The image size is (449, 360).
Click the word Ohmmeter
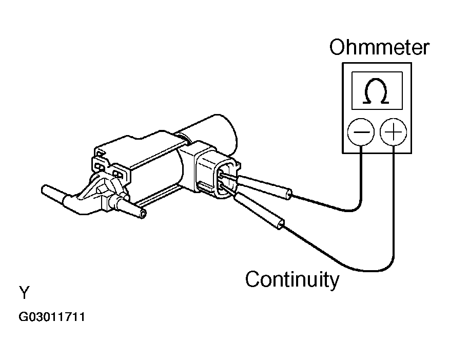click(379, 48)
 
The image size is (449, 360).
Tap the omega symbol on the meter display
click(377, 92)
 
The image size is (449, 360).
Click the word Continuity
click(292, 280)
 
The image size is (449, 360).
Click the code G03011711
click(52, 317)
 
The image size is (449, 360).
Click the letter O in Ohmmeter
click(339, 48)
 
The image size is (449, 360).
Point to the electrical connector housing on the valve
click(213, 172)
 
